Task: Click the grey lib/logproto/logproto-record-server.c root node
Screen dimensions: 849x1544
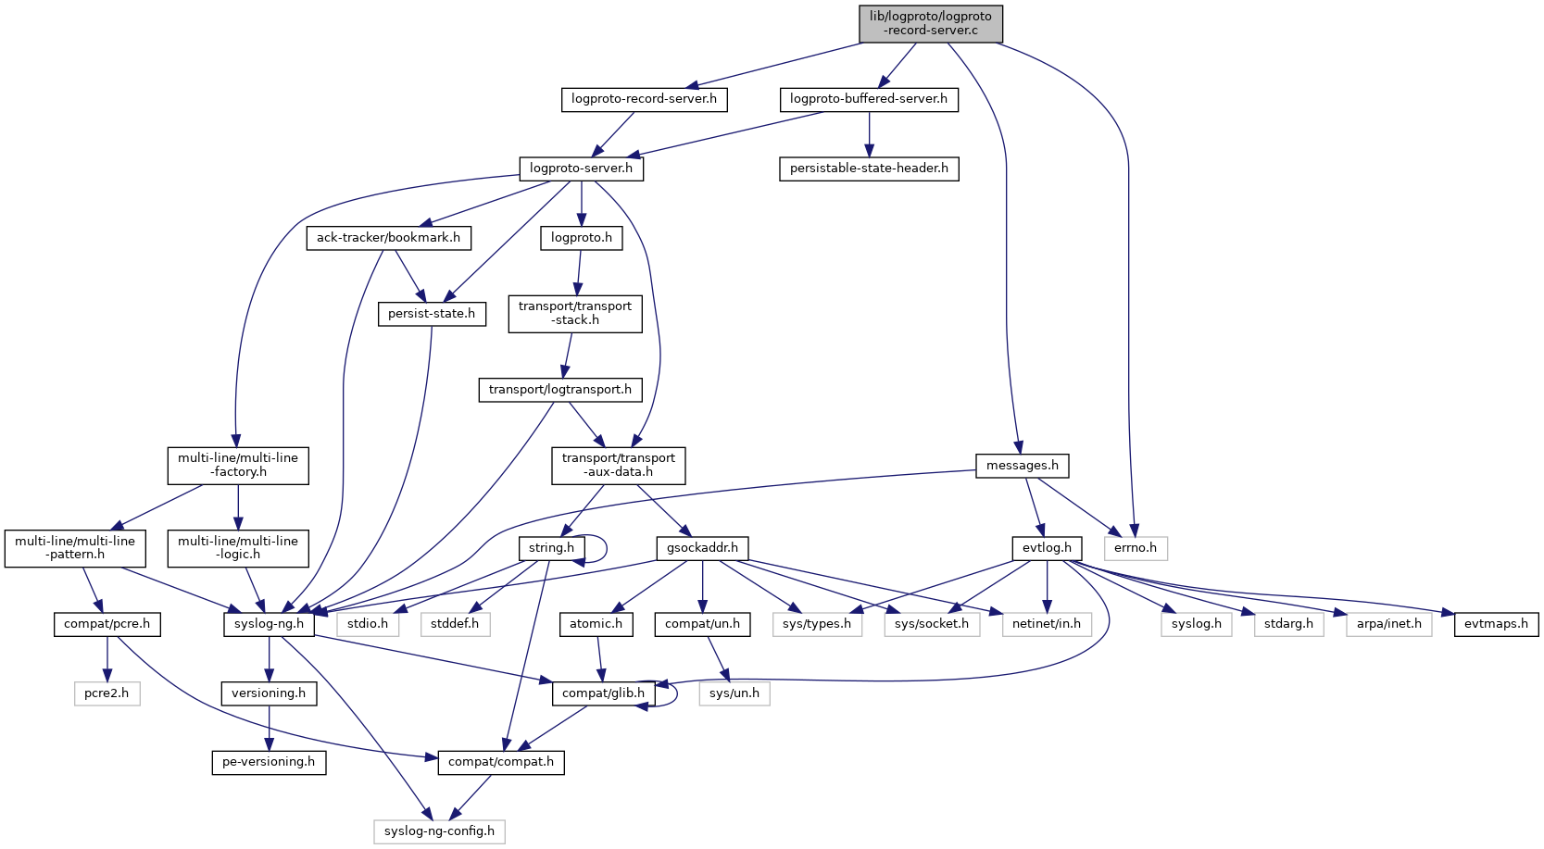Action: [930, 23]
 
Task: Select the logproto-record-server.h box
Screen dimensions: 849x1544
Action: [644, 99]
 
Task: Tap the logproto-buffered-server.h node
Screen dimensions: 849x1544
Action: [868, 99]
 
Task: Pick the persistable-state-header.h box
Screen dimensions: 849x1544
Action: [869, 169]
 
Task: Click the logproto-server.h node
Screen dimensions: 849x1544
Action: [581, 169]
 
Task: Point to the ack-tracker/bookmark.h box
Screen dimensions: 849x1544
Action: [388, 238]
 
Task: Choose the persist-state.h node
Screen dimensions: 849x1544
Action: [431, 314]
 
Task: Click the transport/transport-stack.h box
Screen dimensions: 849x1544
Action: [574, 313]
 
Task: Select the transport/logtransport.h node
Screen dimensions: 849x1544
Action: [559, 390]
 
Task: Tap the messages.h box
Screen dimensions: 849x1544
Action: [1022, 466]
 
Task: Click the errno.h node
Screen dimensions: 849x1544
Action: [1135, 548]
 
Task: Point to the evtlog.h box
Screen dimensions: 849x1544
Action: [1047, 548]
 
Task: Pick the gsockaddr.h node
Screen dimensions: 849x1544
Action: [702, 548]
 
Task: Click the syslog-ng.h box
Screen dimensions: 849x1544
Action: [269, 624]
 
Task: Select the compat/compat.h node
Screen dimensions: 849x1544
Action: [500, 762]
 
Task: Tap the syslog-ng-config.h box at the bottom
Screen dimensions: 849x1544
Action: [439, 831]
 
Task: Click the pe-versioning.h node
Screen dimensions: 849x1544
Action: [269, 762]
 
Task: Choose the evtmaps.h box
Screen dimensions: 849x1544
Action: [1496, 624]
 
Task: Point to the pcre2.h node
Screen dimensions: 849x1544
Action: [107, 693]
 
